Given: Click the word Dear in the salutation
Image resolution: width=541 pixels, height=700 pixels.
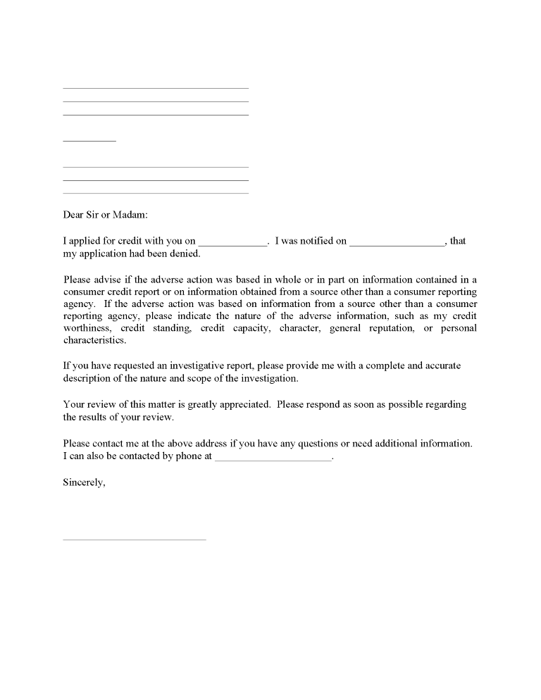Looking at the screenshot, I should pyautogui.click(x=74, y=215).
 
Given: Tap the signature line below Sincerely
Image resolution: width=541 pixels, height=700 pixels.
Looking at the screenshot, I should pyautogui.click(x=135, y=539).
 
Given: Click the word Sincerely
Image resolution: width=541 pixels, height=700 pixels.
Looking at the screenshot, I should pyautogui.click(x=84, y=483).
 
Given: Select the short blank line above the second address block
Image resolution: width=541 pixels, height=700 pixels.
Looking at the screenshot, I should pyautogui.click(x=89, y=141).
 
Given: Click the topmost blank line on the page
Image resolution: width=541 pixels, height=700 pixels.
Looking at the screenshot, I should pyautogui.click(x=156, y=88).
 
